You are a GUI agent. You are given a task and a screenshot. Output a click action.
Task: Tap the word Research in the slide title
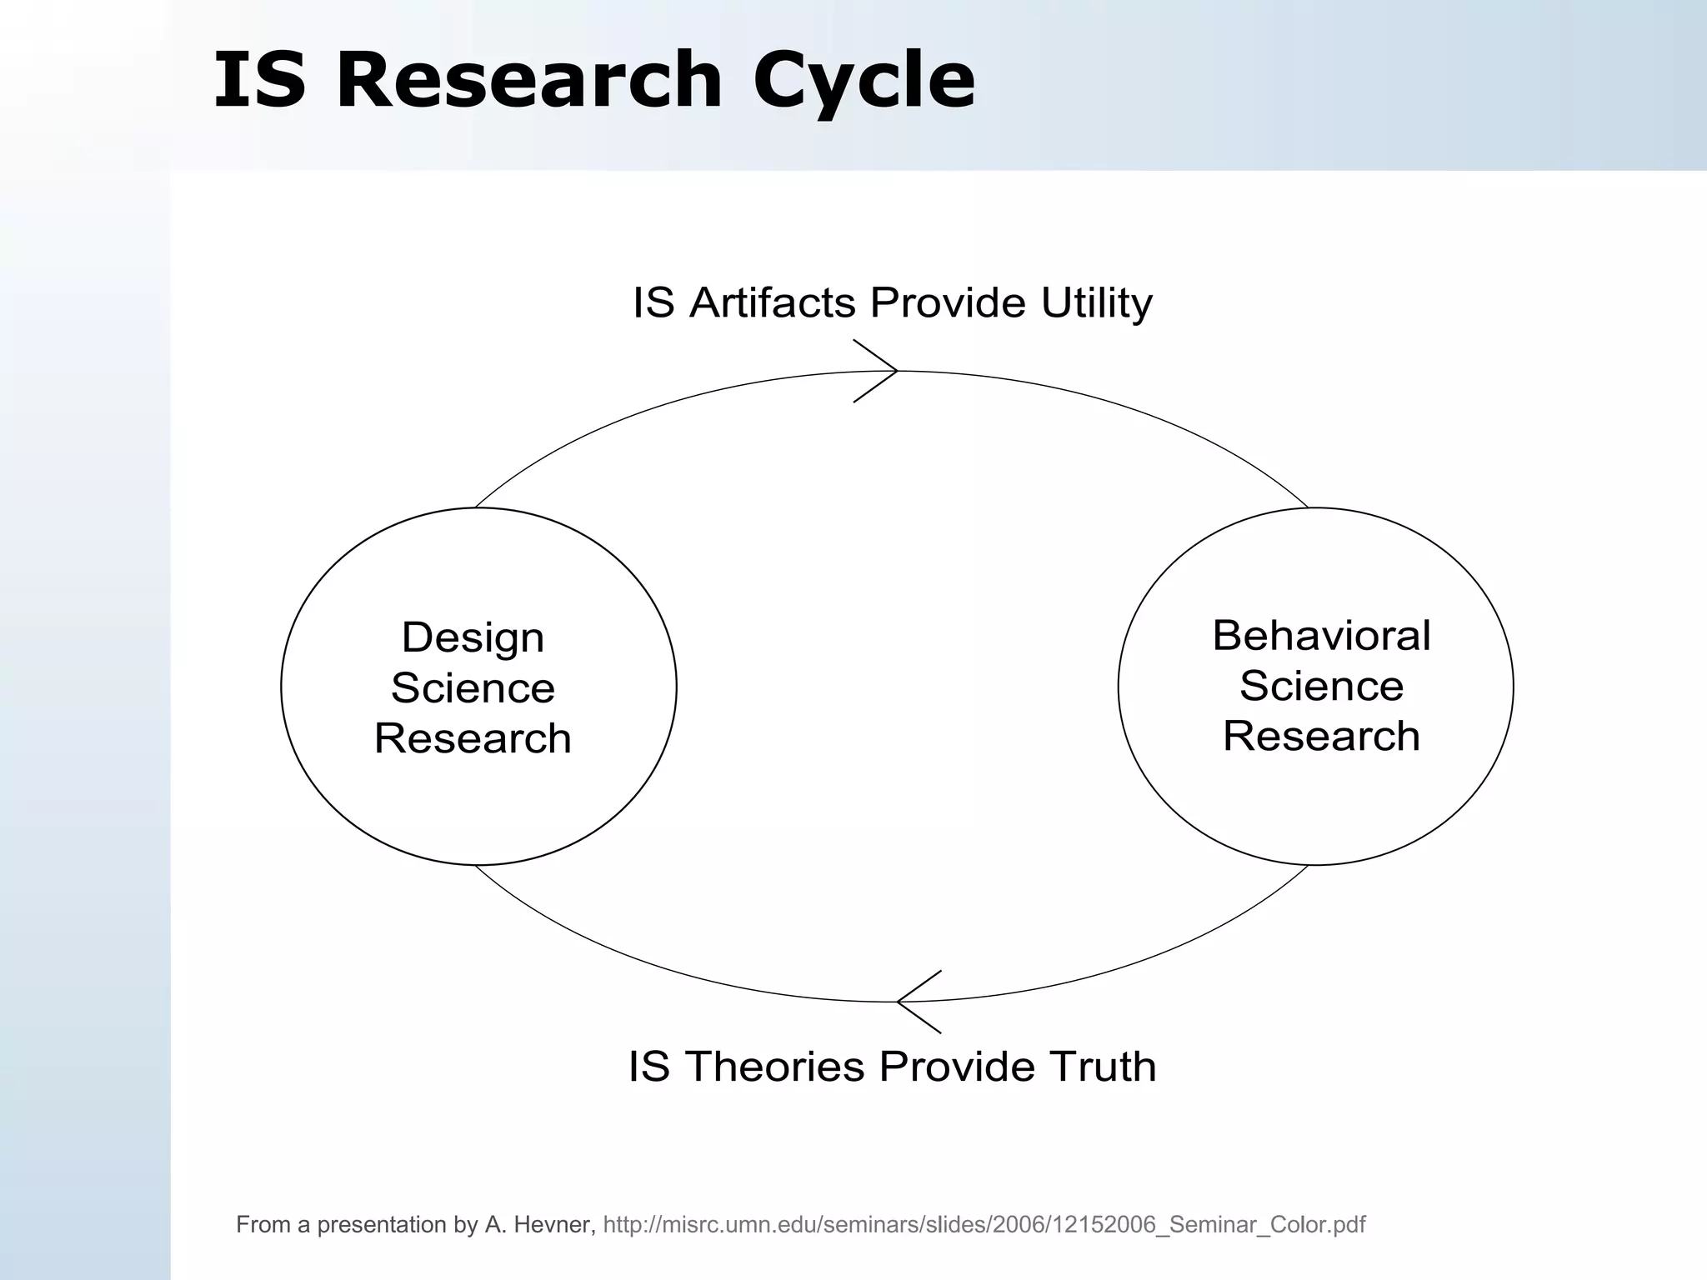click(x=528, y=80)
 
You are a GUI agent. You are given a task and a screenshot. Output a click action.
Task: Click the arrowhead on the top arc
click(x=879, y=371)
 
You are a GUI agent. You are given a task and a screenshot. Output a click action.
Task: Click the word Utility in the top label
click(x=1096, y=302)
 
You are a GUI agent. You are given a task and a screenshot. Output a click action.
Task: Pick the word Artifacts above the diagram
click(x=772, y=302)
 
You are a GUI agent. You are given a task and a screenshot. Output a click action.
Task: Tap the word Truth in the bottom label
click(x=1102, y=1066)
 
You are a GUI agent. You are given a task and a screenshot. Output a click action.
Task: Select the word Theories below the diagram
click(x=776, y=1066)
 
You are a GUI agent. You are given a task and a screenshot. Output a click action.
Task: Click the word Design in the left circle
click(x=473, y=637)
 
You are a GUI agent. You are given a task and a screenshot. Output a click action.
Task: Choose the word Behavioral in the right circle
click(x=1320, y=636)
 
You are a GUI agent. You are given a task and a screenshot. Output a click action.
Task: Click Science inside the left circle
click(x=473, y=688)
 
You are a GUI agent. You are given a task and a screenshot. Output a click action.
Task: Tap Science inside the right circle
click(x=1320, y=686)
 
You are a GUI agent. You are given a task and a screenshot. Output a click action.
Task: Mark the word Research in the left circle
click(x=473, y=738)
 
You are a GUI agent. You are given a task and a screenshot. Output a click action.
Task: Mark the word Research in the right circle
click(x=1320, y=736)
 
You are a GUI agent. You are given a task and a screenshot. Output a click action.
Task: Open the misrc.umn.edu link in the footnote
click(x=984, y=1224)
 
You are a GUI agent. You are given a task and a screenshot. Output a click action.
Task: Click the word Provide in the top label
click(x=948, y=302)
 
